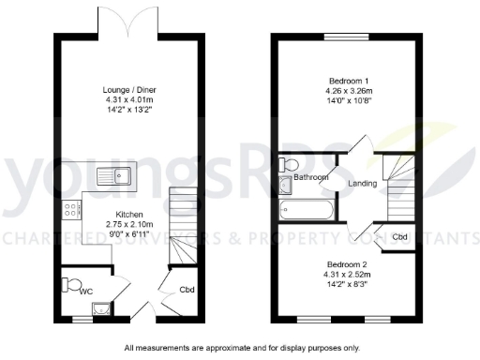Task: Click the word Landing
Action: (363, 184)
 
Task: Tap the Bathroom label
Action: (311, 177)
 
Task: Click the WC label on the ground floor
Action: (85, 292)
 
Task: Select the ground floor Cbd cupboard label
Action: (187, 290)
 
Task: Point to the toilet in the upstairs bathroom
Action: (287, 165)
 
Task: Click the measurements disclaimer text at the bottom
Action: (241, 348)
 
